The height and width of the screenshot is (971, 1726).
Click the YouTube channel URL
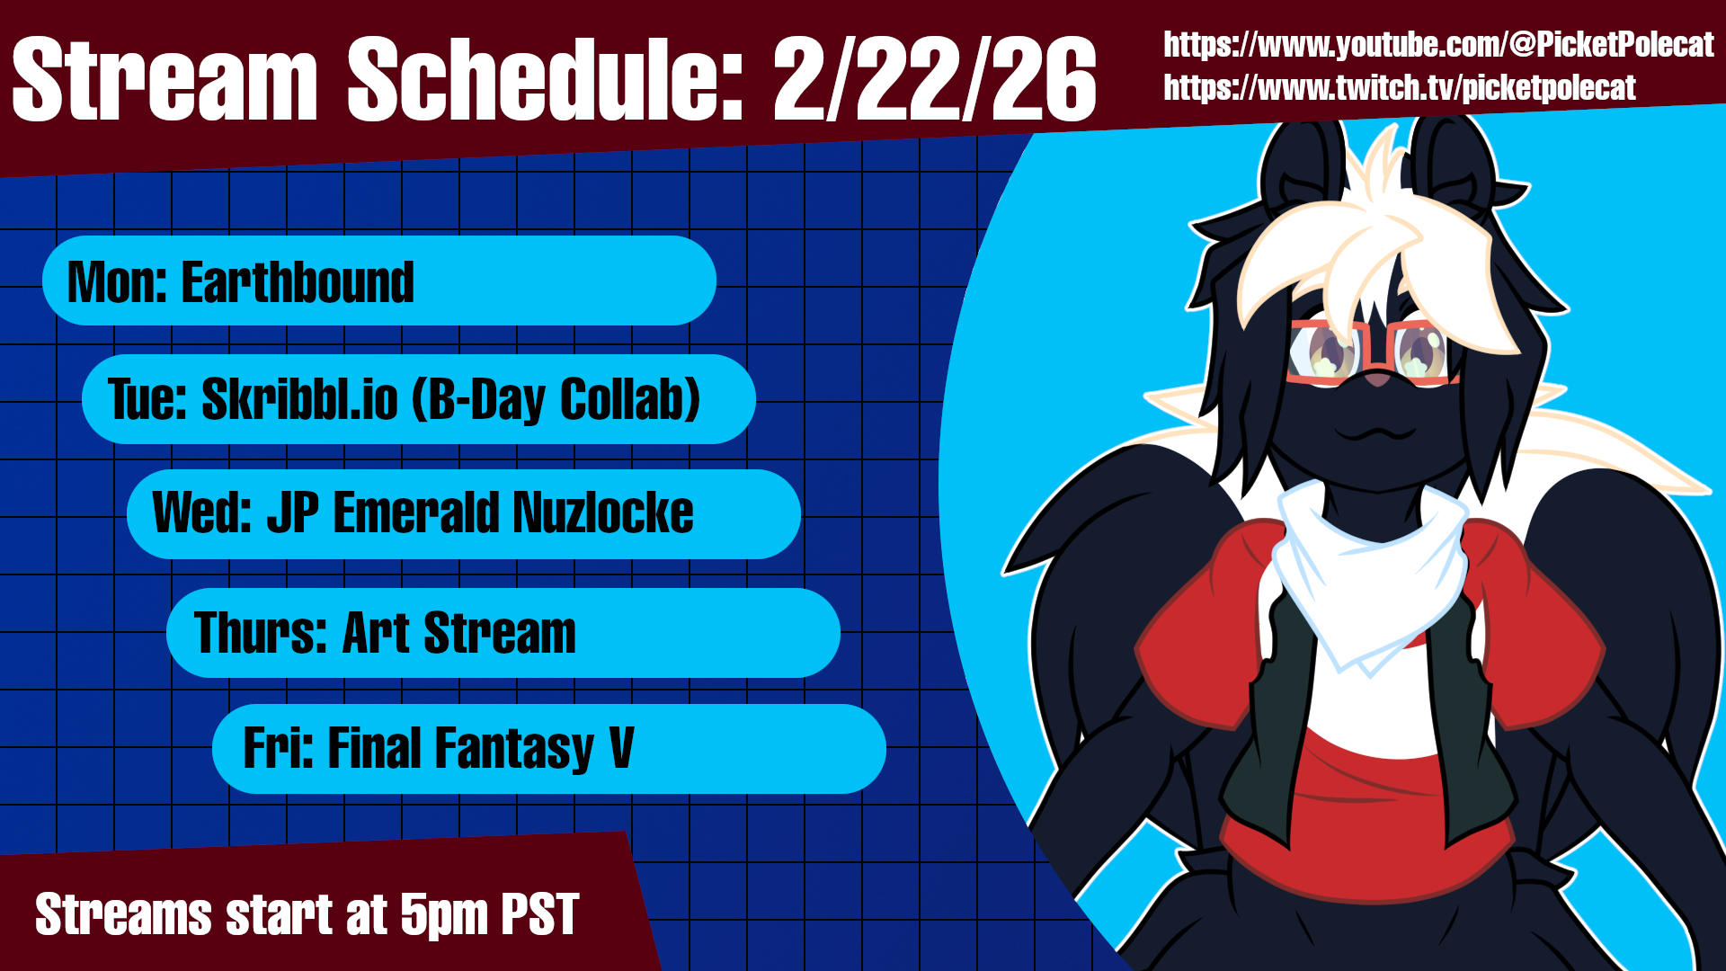click(x=1438, y=45)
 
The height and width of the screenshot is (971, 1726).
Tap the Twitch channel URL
click(x=1400, y=88)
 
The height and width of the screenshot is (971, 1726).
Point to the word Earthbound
click(x=298, y=282)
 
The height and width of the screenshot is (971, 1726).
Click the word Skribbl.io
click(x=299, y=399)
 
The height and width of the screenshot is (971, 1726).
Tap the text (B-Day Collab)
click(x=556, y=400)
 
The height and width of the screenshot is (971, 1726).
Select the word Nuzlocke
click(x=603, y=513)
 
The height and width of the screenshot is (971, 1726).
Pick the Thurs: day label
click(x=261, y=633)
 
